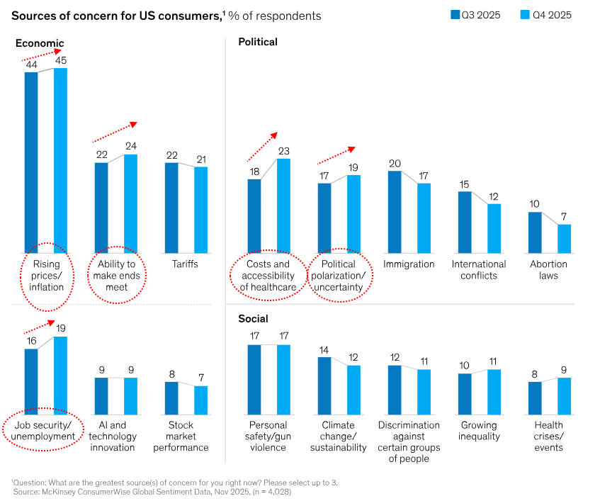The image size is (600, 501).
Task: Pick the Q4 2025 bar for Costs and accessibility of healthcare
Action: [283, 206]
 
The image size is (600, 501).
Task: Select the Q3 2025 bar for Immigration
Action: [395, 212]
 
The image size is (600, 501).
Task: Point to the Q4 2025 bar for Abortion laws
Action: [564, 239]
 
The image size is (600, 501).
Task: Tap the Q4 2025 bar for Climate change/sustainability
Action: [353, 389]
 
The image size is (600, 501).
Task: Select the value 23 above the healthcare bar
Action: [283, 151]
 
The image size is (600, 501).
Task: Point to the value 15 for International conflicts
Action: [464, 184]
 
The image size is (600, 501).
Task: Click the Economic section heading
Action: [40, 43]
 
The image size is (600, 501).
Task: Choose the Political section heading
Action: [258, 42]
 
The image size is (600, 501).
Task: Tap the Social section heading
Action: [253, 319]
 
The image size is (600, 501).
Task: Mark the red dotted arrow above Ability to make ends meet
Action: [113, 131]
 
